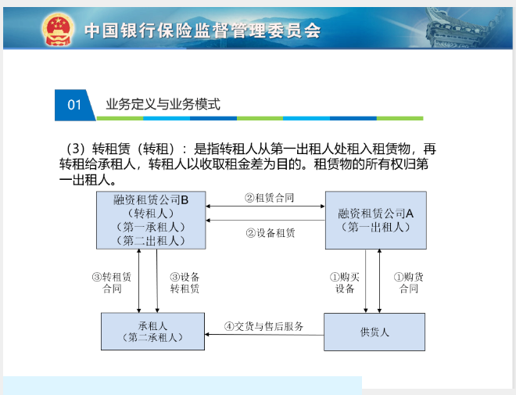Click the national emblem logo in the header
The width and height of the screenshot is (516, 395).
(58, 30)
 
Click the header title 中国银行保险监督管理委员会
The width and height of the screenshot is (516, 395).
(202, 31)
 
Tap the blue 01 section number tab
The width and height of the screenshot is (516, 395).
(75, 105)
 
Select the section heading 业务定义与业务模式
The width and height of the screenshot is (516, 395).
(163, 104)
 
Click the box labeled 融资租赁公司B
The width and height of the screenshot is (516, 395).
(151, 220)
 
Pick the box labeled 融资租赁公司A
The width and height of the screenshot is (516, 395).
(376, 220)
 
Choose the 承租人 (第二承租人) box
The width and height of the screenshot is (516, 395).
(152, 331)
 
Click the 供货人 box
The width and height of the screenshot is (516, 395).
(374, 332)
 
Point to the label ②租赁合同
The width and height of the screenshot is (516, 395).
(269, 198)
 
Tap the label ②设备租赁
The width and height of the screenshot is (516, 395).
(271, 233)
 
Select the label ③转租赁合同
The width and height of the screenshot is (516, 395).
(112, 282)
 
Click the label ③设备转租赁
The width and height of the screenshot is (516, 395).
(185, 282)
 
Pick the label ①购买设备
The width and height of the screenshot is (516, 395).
(345, 282)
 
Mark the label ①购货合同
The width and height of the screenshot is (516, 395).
(409, 282)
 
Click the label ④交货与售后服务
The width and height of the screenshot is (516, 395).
(264, 326)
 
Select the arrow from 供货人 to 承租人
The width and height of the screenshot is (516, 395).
(264, 335)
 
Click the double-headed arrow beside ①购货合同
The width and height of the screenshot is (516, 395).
(379, 281)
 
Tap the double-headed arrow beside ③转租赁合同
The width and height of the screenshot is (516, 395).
(139, 281)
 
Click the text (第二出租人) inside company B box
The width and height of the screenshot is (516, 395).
(151, 241)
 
